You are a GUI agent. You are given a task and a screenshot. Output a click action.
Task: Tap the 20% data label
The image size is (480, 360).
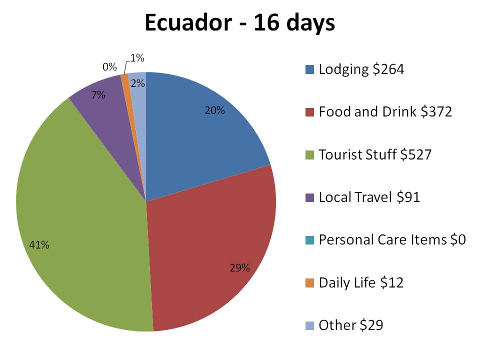pyautogui.click(x=214, y=111)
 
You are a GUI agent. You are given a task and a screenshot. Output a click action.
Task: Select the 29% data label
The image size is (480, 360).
pyautogui.click(x=239, y=268)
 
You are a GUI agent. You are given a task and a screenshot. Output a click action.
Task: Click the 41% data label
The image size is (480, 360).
pyautogui.click(x=39, y=245)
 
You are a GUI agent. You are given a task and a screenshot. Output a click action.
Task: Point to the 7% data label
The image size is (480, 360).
pyautogui.click(x=98, y=94)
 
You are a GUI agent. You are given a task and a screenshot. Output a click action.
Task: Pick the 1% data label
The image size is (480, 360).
pyautogui.click(x=137, y=58)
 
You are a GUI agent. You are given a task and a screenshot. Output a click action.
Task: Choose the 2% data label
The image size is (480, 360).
pyautogui.click(x=137, y=84)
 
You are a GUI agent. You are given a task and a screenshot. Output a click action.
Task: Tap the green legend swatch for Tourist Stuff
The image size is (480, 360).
pyautogui.click(x=310, y=155)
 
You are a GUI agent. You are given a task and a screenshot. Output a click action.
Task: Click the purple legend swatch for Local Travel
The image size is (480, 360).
pyautogui.click(x=310, y=197)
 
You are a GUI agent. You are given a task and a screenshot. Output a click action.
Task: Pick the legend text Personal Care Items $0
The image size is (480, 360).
pyautogui.click(x=392, y=240)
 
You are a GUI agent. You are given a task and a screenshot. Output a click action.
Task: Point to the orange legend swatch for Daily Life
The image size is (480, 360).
pyautogui.click(x=310, y=283)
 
